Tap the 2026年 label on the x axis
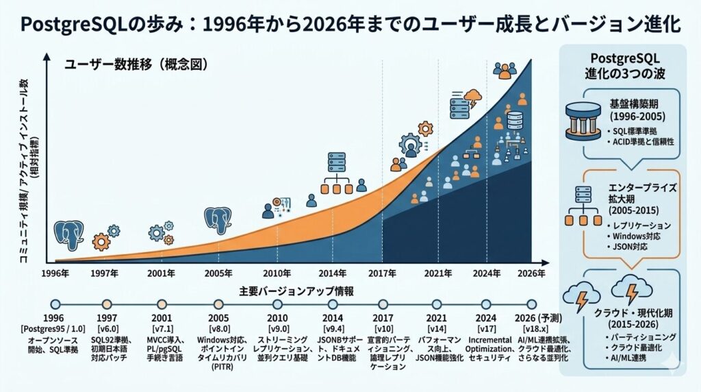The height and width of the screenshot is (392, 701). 531,273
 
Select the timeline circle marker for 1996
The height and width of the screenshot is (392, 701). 55,304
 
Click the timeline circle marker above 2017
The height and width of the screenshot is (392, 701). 382,304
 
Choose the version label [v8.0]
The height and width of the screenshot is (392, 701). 218,330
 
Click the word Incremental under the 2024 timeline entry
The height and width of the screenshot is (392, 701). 490,340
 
